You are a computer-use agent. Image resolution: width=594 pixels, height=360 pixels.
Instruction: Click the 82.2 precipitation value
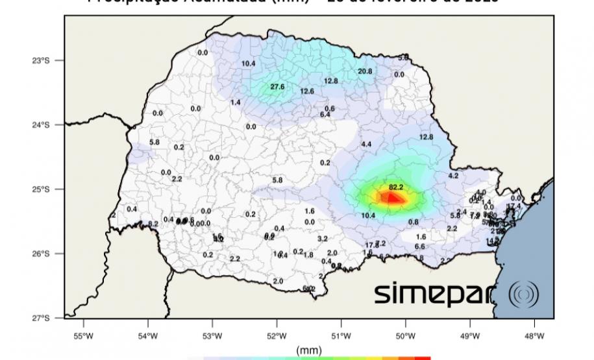click(396, 187)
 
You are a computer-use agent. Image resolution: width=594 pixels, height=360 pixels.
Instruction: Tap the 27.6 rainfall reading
click(278, 87)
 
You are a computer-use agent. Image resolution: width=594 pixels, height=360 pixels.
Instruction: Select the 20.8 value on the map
click(365, 71)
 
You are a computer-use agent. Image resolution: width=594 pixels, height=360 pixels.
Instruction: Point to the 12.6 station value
click(307, 91)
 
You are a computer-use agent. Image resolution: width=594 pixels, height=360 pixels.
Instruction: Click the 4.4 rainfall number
click(366, 144)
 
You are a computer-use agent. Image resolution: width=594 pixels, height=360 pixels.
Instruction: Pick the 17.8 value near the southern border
click(371, 245)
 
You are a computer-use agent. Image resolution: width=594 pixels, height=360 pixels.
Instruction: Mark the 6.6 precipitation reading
click(419, 246)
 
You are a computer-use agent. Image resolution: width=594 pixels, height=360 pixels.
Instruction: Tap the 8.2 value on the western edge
click(153, 224)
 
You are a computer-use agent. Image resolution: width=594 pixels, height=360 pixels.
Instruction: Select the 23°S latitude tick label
click(42, 60)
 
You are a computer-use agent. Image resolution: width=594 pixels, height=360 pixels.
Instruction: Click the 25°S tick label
click(42, 189)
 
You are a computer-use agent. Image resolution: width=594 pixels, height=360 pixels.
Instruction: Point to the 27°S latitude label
click(42, 318)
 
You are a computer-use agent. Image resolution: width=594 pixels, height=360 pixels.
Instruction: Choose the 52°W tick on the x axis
click(277, 335)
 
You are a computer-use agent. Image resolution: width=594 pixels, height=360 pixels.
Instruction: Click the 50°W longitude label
click(406, 335)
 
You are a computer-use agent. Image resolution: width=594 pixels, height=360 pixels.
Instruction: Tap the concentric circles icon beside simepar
click(522, 294)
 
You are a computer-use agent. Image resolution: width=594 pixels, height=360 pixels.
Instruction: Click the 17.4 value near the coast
click(514, 206)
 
